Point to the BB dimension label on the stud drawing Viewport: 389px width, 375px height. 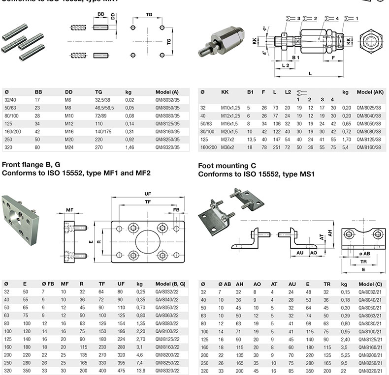[100, 15]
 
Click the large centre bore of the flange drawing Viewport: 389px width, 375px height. [148, 240]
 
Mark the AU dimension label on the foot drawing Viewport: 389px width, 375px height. [299, 253]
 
